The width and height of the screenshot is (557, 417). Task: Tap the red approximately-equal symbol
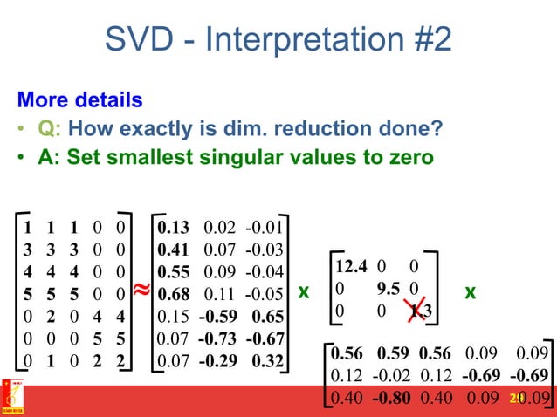141,289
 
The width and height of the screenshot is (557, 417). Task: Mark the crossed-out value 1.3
426,310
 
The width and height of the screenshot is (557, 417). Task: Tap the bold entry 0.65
266,316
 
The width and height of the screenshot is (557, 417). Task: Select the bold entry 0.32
266,359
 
